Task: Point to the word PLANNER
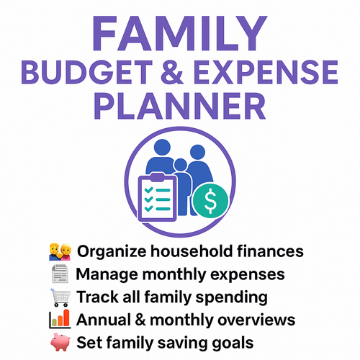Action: pyautogui.click(x=179, y=109)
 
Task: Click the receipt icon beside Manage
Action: pyautogui.click(x=61, y=274)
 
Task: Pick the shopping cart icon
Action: pyautogui.click(x=61, y=297)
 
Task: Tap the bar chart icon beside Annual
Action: pyautogui.click(x=61, y=319)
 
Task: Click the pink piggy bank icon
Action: pyautogui.click(x=61, y=341)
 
